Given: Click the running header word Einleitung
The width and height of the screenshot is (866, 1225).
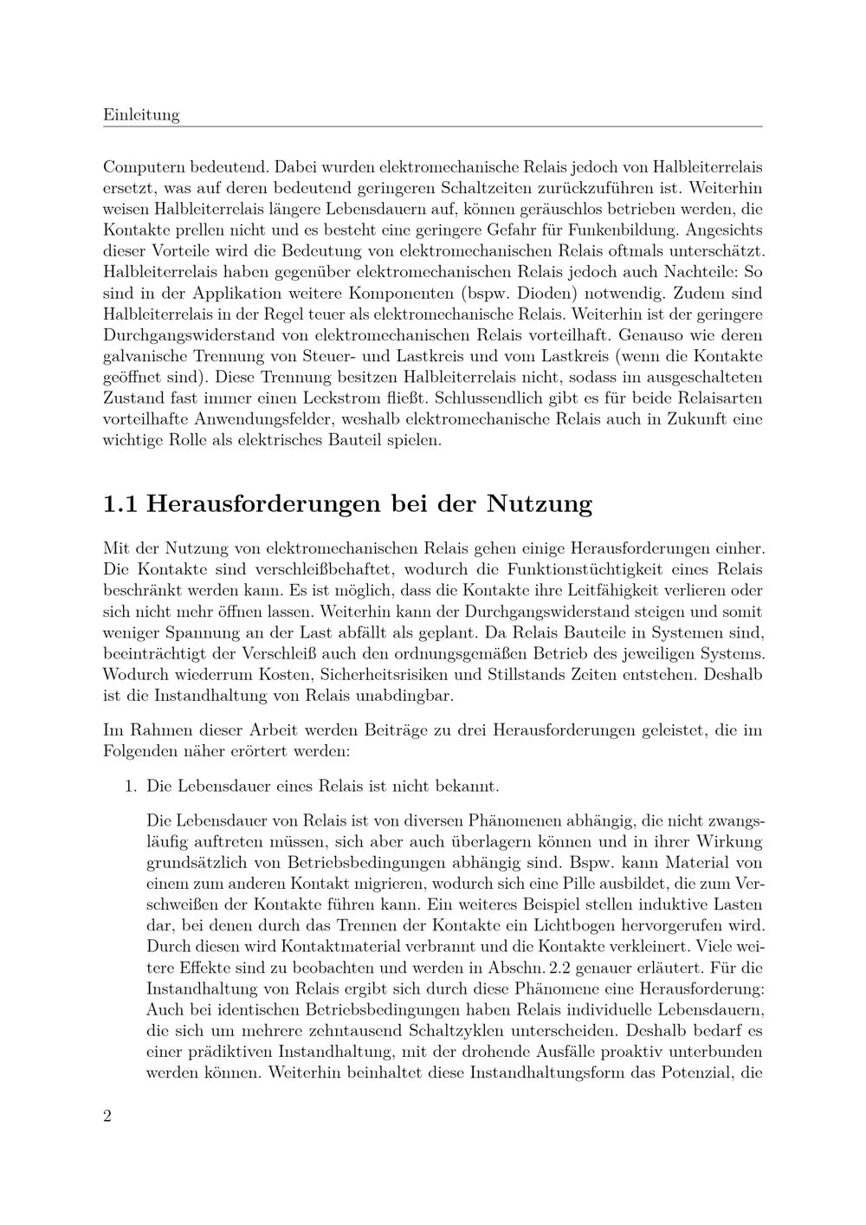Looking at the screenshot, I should tap(141, 114).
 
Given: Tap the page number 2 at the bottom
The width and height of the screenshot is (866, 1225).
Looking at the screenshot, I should tap(107, 1115).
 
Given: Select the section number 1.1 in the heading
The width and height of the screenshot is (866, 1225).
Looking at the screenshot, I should tap(120, 503).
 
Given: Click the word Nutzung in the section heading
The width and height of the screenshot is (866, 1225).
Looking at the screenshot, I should tap(540, 503).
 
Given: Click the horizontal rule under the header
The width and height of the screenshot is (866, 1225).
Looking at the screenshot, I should tap(432, 126).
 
